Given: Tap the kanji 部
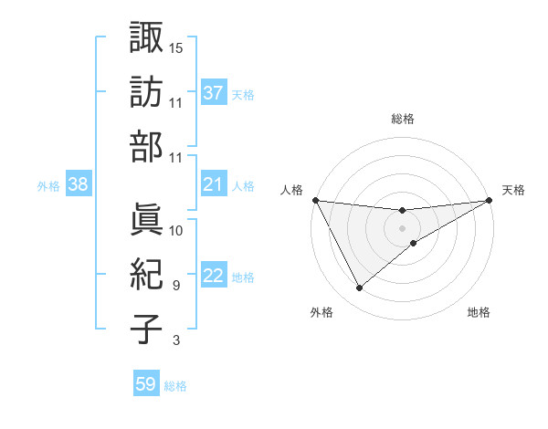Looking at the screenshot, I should (x=146, y=148).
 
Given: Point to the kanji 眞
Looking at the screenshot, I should (x=146, y=218).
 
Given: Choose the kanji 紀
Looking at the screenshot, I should (x=146, y=275).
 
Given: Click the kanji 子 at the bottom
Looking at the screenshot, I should (x=146, y=330).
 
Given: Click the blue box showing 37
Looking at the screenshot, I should (x=213, y=93).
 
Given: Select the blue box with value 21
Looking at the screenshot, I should (x=213, y=185).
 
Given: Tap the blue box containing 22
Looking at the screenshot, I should (x=213, y=277).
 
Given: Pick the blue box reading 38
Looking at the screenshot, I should (x=78, y=185).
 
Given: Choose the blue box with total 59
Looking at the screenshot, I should (x=145, y=384).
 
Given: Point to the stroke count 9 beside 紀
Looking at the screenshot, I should (x=175, y=286).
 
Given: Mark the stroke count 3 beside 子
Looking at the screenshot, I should (x=175, y=341).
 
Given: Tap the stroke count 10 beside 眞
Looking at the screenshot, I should (x=176, y=230).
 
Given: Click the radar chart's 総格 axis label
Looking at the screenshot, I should (x=402, y=119).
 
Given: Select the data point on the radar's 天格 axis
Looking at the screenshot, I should (x=490, y=200).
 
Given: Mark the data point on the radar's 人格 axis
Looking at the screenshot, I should (x=315, y=200).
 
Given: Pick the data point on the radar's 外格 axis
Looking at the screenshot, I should (x=359, y=288).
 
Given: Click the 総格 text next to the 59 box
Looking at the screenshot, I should (x=175, y=386).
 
